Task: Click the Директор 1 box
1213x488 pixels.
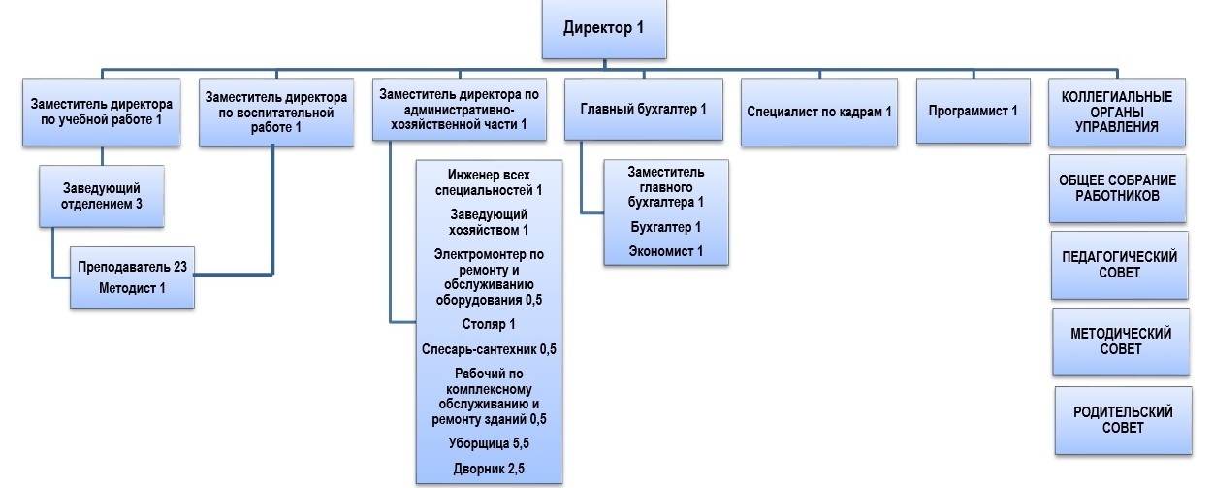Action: pos(604,29)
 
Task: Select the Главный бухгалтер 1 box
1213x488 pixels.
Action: pos(643,110)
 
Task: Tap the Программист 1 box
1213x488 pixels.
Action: pos(974,111)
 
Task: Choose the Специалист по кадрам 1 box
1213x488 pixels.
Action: pos(818,113)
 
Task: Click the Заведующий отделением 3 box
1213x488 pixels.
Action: pos(102,196)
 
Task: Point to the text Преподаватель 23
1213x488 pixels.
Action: pos(132,267)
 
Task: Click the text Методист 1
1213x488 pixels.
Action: pos(132,288)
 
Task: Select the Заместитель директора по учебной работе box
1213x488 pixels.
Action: pos(101,113)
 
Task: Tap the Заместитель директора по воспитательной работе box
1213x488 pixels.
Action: pos(276,113)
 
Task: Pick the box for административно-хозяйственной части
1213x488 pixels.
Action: pos(460,110)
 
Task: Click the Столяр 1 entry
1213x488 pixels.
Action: pos(489,324)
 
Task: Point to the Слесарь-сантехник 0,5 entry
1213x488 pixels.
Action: pos(489,349)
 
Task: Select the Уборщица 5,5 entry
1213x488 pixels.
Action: pos(489,443)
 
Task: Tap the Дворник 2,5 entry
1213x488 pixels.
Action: pos(489,469)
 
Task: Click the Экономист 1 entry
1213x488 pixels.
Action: pos(665,251)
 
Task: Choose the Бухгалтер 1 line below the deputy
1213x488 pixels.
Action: pos(665,227)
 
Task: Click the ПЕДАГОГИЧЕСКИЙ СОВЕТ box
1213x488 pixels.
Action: pos(1119,266)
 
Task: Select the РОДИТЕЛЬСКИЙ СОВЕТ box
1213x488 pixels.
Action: pos(1123,420)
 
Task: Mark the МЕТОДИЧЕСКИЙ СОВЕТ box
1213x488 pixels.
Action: pos(1121,342)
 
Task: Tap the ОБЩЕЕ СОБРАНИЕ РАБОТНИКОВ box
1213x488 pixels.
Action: pos(1118,188)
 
